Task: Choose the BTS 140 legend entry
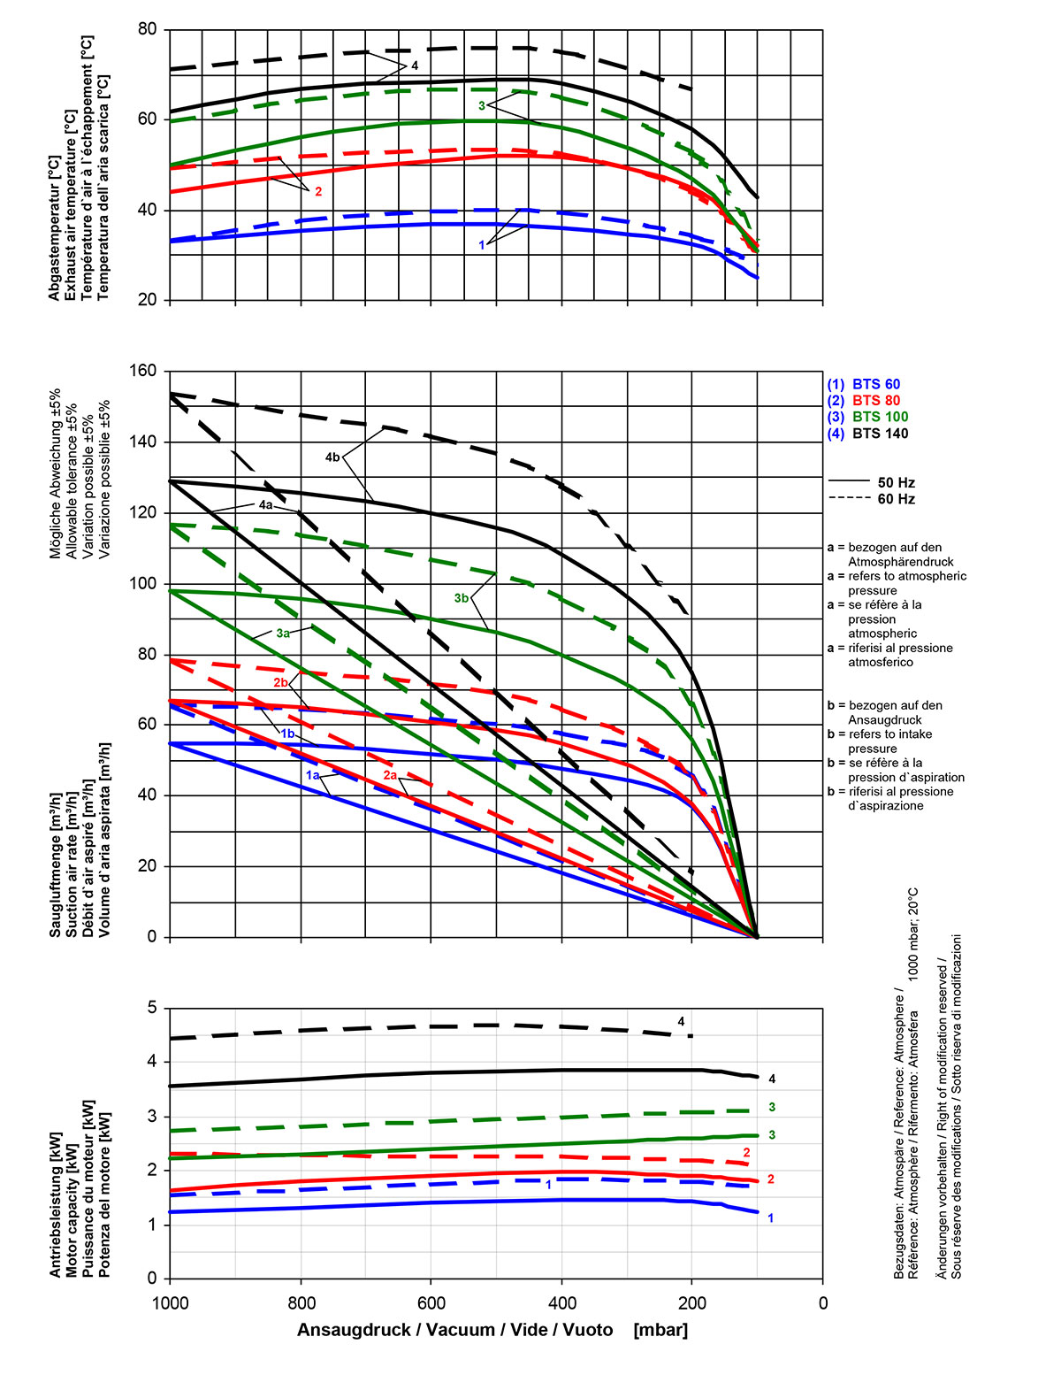[x=867, y=434]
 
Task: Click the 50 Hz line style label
[x=896, y=483]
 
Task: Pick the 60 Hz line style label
[x=896, y=499]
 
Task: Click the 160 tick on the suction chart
[x=144, y=371]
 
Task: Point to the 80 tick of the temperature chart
[x=148, y=29]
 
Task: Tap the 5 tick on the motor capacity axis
[x=152, y=1008]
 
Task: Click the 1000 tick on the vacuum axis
[x=170, y=1302]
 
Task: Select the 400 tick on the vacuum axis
[x=562, y=1302]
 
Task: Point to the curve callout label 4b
[x=332, y=457]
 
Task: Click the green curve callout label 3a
[x=283, y=634]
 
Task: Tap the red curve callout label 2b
[x=280, y=683]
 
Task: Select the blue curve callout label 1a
[x=312, y=775]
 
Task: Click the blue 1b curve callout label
[x=287, y=734]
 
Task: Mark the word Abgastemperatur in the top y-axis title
[x=55, y=228]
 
